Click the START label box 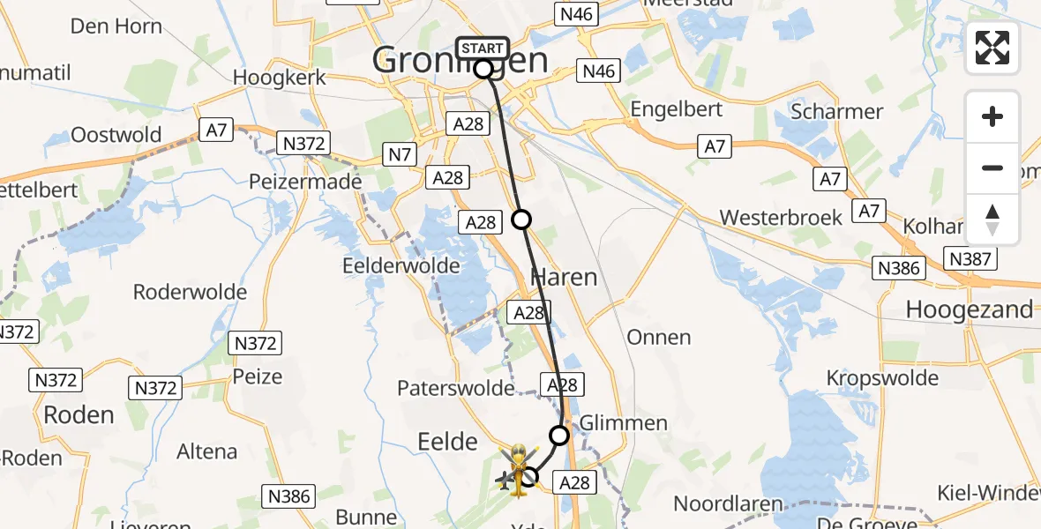click(483, 48)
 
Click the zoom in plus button click(992, 116)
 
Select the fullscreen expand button click(992, 48)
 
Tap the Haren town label click(564, 277)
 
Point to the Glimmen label click(624, 423)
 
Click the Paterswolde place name click(456, 388)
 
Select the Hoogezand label click(970, 309)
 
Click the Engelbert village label click(677, 109)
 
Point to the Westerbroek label click(781, 217)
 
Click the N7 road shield click(401, 155)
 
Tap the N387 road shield click(970, 258)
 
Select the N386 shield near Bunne click(289, 496)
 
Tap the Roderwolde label click(188, 291)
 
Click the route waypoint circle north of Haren click(521, 220)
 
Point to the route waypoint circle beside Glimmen click(559, 435)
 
